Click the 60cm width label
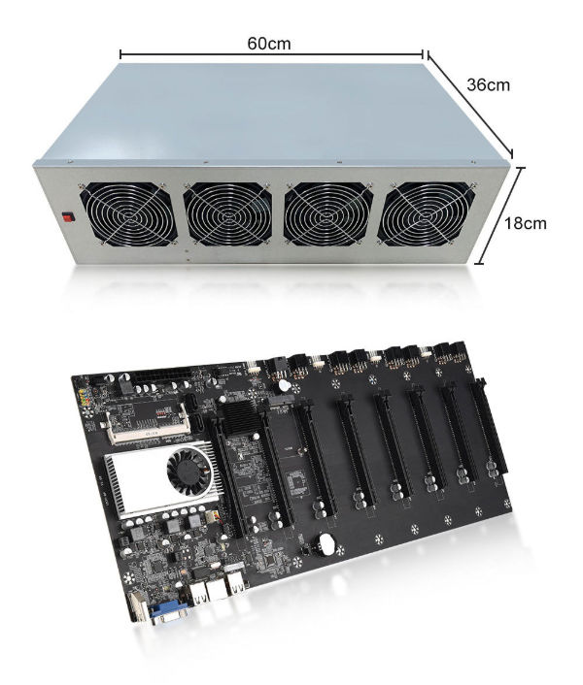[270, 44]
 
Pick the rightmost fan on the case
[429, 215]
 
